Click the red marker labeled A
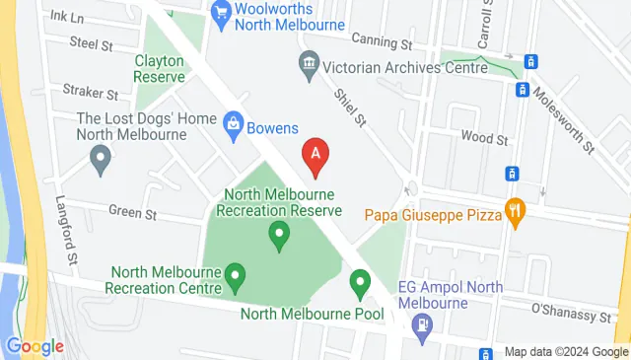pyautogui.click(x=315, y=156)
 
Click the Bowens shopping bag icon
pyautogui.click(x=233, y=124)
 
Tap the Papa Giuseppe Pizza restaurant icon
pyautogui.click(x=514, y=211)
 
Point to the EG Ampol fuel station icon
pyautogui.click(x=422, y=323)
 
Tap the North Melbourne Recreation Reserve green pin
pyautogui.click(x=279, y=235)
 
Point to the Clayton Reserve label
pyautogui.click(x=161, y=67)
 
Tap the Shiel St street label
pyautogui.click(x=350, y=107)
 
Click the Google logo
pyautogui.click(x=35, y=346)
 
